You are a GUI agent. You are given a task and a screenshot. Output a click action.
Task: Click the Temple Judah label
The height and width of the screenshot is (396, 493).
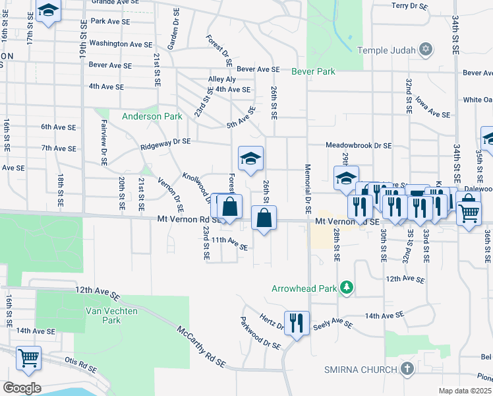point(388,50)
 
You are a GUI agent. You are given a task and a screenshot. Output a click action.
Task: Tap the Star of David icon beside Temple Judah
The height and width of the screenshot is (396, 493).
point(426,50)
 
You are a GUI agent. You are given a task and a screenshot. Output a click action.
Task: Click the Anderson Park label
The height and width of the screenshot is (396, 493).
point(152,116)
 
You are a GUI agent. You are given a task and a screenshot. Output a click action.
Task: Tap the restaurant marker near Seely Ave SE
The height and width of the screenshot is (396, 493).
point(297,323)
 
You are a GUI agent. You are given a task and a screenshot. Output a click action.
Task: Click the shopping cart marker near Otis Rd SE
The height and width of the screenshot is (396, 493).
point(28,358)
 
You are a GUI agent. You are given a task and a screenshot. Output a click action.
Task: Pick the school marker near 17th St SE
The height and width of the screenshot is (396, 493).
point(48,11)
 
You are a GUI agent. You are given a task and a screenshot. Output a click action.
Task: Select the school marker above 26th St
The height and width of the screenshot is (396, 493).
point(250,158)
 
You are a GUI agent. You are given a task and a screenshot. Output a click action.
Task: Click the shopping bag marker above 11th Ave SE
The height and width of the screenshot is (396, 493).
point(264,217)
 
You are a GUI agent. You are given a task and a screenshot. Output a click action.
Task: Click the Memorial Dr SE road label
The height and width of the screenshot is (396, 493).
point(308,188)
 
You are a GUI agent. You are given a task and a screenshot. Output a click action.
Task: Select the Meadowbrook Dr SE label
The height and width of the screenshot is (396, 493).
point(359,145)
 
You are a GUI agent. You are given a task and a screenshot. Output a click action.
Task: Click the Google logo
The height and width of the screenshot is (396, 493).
point(21,387)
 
